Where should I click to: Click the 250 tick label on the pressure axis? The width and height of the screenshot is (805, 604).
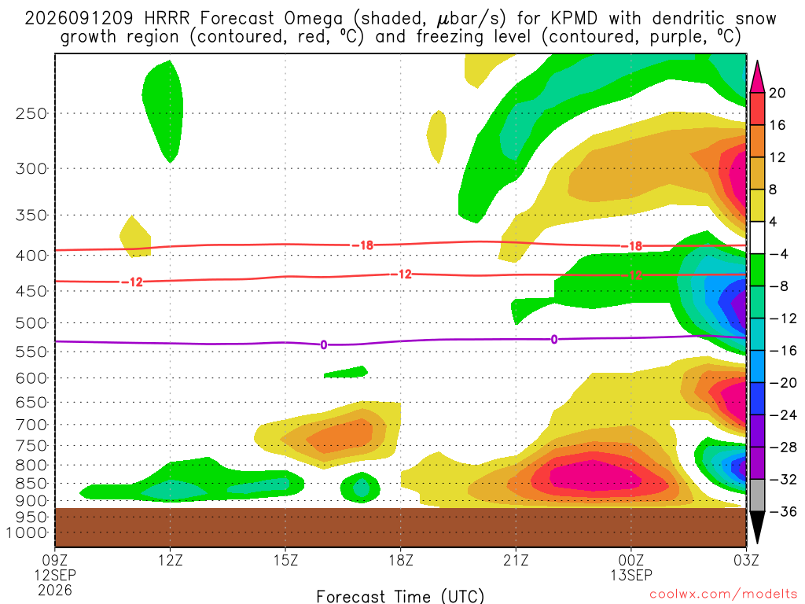(x=31, y=113)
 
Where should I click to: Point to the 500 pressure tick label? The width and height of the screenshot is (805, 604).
(x=31, y=323)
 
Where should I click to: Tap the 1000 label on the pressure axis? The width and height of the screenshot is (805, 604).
(x=27, y=532)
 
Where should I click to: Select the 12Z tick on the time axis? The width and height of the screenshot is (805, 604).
(x=171, y=560)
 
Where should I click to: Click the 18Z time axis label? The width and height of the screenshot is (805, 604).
(x=401, y=560)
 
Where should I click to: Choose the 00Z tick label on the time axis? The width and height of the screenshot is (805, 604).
(x=631, y=560)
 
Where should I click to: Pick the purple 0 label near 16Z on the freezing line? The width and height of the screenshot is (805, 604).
(x=323, y=344)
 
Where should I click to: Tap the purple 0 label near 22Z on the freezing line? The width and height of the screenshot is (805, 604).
(x=554, y=340)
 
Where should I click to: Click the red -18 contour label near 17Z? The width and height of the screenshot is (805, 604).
(x=363, y=245)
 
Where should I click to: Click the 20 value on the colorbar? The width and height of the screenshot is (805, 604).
(x=777, y=93)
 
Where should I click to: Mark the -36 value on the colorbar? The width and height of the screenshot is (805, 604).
(x=782, y=511)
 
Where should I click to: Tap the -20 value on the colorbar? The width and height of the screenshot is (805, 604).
(x=782, y=383)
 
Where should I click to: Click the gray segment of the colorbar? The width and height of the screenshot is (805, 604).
(x=757, y=495)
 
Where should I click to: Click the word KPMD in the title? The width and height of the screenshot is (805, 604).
(x=574, y=19)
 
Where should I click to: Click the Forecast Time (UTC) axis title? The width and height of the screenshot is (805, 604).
(x=400, y=596)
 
